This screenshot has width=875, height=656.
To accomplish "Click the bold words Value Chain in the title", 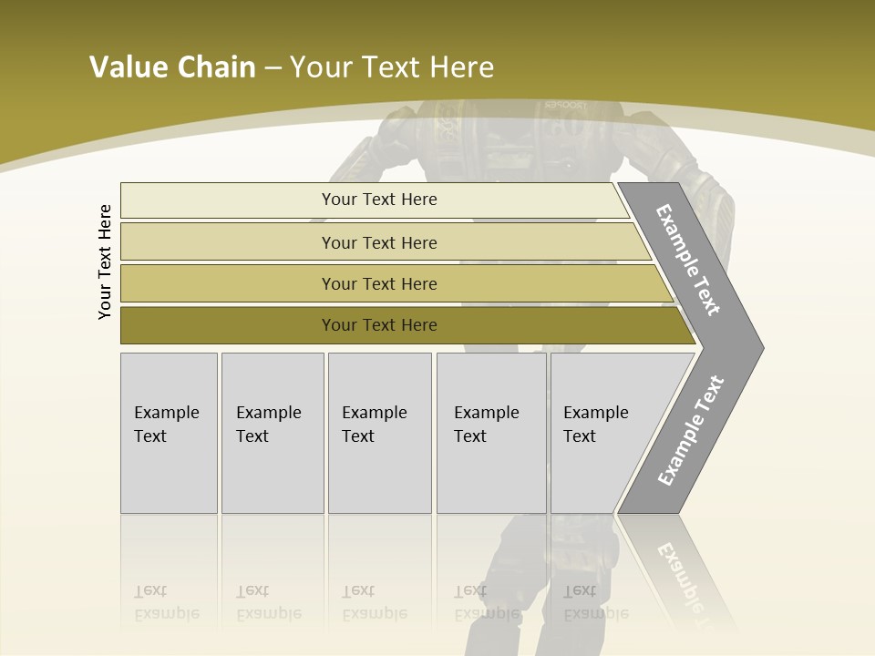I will tap(172, 67).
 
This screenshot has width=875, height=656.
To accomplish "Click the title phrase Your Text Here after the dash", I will tap(392, 67).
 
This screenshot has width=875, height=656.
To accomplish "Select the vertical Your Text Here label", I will tap(105, 261).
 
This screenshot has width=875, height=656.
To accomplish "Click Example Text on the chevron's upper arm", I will tap(688, 261).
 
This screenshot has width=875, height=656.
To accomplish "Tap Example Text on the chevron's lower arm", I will tap(690, 431).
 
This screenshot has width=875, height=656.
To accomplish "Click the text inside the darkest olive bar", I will tap(379, 325).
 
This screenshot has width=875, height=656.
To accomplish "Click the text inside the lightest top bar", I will tap(379, 200).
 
